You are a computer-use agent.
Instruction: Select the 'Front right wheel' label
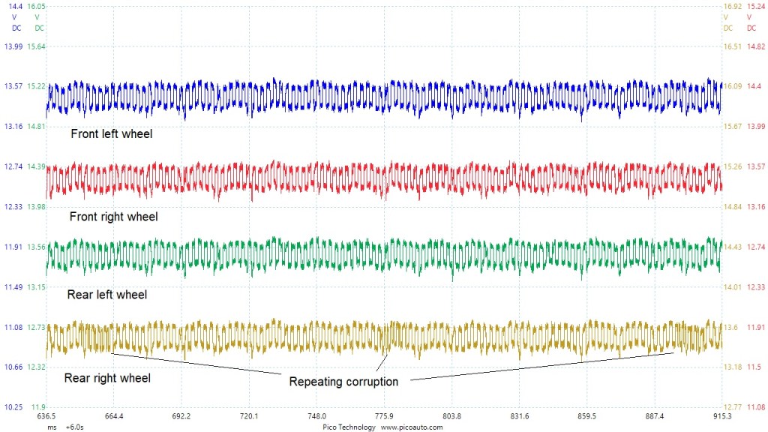tap(113, 217)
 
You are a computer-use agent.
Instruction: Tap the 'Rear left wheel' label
tap(107, 295)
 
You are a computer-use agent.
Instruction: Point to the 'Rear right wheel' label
tap(107, 378)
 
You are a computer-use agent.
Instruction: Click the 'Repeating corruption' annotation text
tap(343, 381)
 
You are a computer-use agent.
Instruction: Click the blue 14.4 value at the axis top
tap(15, 6)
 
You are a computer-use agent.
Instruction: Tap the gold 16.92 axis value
tap(732, 6)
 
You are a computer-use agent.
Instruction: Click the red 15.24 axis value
tap(755, 6)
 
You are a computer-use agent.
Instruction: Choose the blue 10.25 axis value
tap(15, 407)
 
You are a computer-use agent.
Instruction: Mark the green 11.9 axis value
tap(38, 407)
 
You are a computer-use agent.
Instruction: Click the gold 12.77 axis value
tap(732, 407)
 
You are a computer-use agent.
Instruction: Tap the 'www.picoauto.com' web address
tap(412, 427)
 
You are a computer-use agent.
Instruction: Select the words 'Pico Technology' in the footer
tap(349, 427)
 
